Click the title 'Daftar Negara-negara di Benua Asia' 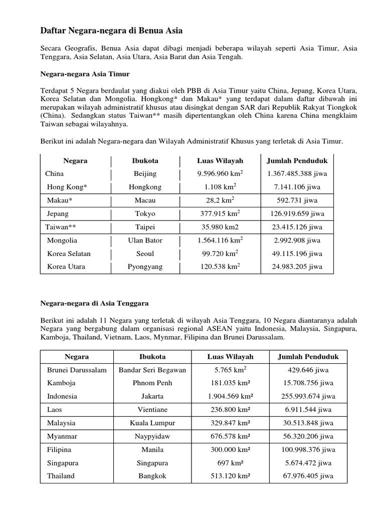tap(111, 31)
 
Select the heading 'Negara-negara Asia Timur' tap(85, 74)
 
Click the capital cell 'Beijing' tap(145, 174)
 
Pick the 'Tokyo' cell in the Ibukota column tap(145, 213)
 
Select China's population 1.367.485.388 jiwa tap(297, 174)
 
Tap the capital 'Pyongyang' tap(145, 267)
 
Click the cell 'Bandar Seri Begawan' tap(152, 370)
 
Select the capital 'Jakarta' tap(152, 396)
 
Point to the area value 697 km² tap(230, 463)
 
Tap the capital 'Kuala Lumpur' tap(152, 423)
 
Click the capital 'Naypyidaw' tap(152, 436)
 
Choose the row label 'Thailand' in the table tap(61, 476)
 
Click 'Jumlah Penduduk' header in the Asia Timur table tap(297, 161)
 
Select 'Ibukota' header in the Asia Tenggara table tap(152, 357)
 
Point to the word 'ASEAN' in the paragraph tap(229, 329)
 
